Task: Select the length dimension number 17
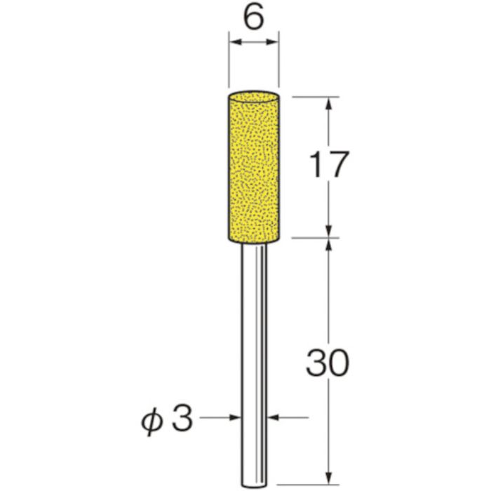click(328, 166)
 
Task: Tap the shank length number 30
click(327, 364)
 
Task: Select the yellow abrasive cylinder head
click(254, 168)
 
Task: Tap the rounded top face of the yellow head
click(254, 94)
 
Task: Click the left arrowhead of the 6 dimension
click(234, 45)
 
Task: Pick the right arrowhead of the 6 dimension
click(274, 45)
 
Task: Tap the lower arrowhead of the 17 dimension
click(328, 230)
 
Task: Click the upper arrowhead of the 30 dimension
click(328, 243)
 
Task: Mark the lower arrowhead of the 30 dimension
click(328, 460)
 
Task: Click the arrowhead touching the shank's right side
click(274, 418)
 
